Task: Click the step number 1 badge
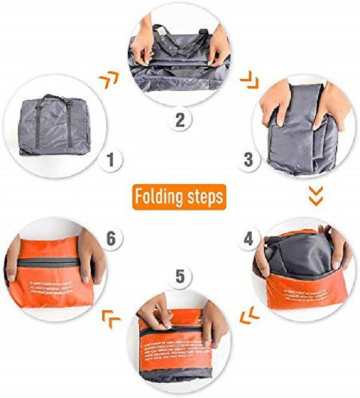111,159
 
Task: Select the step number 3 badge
249,159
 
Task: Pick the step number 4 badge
249,240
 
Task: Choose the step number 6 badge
110,239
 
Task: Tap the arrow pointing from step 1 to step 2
109,77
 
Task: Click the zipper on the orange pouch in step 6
45,262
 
